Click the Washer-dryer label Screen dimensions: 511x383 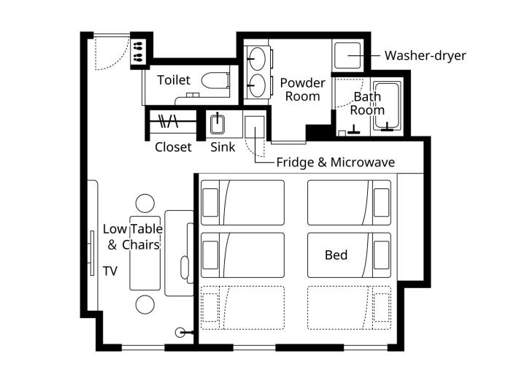[x=425, y=55]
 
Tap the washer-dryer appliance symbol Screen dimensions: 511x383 [x=347, y=55]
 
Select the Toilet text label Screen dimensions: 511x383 [x=174, y=80]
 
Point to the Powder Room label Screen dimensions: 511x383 [x=302, y=90]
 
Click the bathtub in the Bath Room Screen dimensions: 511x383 [x=387, y=106]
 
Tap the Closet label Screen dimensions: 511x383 [x=173, y=147]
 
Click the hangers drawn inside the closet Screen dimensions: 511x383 [x=168, y=121]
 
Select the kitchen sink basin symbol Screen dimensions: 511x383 [x=218, y=125]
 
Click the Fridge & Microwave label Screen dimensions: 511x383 [x=336, y=162]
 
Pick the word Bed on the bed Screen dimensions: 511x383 [x=336, y=255]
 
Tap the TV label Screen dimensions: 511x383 [x=110, y=271]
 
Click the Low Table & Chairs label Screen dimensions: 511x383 [x=133, y=237]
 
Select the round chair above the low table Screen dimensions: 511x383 [x=145, y=204]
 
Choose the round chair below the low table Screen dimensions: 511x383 [x=145, y=304]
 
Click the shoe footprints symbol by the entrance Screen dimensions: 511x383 [x=138, y=52]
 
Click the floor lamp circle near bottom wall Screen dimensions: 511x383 [x=180, y=333]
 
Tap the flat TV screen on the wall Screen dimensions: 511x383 [x=92, y=253]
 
